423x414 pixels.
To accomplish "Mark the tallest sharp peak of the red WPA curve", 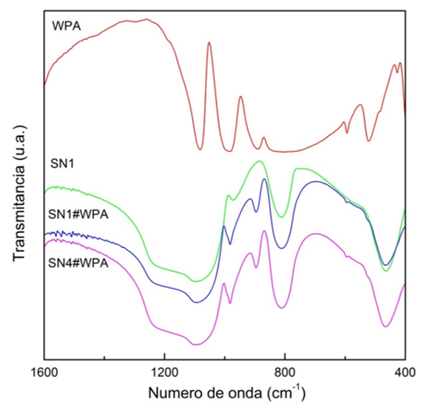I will (209, 43).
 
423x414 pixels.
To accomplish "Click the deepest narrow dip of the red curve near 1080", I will (200, 149).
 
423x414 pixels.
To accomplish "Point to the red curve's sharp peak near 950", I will (240, 97).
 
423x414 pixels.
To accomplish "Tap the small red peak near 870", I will (264, 138).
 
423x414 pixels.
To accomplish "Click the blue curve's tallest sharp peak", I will (264, 179).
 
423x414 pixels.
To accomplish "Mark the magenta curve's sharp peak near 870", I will (264, 231).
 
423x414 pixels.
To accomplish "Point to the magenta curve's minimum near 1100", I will (195, 344).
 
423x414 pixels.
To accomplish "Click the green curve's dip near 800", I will (283, 217).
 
